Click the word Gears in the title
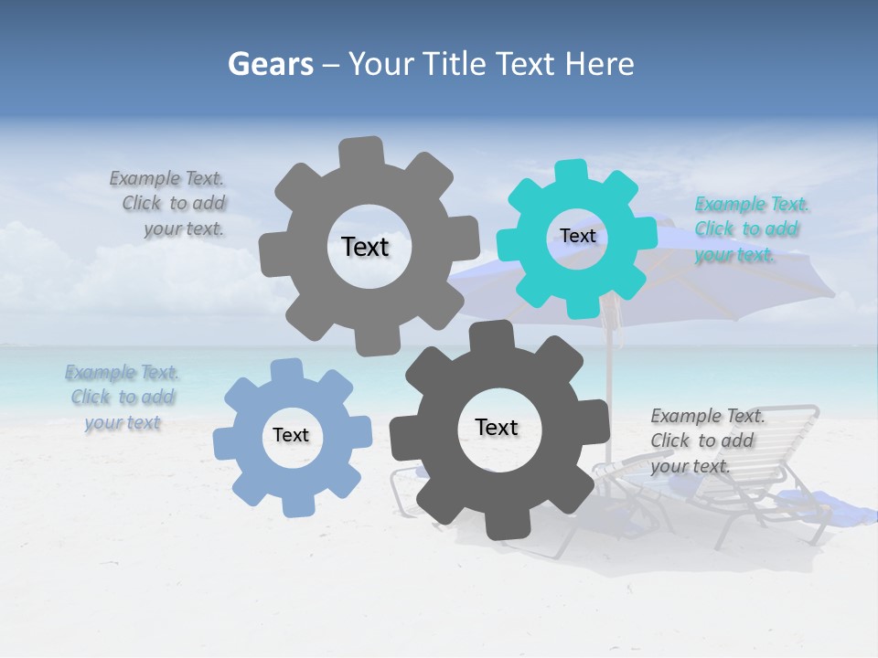(x=270, y=64)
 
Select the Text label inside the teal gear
(x=577, y=236)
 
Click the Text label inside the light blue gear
(x=291, y=435)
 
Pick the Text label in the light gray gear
(x=365, y=247)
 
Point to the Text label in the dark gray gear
(x=497, y=427)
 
